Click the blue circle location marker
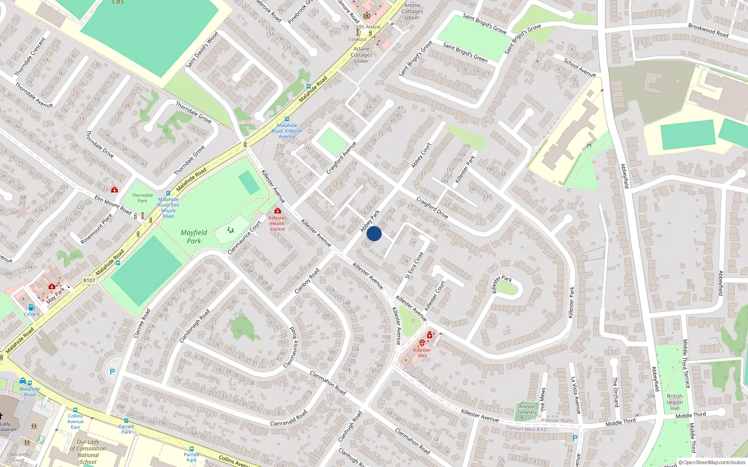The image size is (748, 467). click(x=374, y=233)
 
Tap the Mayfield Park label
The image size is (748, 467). click(x=194, y=237)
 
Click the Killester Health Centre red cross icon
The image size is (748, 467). click(x=278, y=211)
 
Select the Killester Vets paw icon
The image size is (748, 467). click(x=422, y=343)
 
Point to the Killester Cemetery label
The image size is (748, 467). click(x=527, y=409)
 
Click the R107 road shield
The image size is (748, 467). click(x=89, y=281)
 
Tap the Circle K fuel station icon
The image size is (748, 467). click(x=31, y=307)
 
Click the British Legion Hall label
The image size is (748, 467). click(x=675, y=402)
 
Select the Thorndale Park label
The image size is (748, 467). click(x=142, y=198)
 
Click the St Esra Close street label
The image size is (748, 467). click(x=414, y=266)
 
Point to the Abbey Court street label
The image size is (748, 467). click(x=421, y=156)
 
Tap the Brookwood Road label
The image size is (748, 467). click(x=708, y=30)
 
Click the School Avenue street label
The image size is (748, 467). click(x=580, y=68)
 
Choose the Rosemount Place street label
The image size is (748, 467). click(x=96, y=229)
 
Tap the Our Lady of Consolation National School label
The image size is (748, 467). click(x=88, y=452)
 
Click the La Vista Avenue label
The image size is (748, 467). click(x=575, y=395)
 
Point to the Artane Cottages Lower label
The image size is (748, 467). click(x=361, y=55)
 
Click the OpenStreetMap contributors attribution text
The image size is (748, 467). click(x=712, y=462)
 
